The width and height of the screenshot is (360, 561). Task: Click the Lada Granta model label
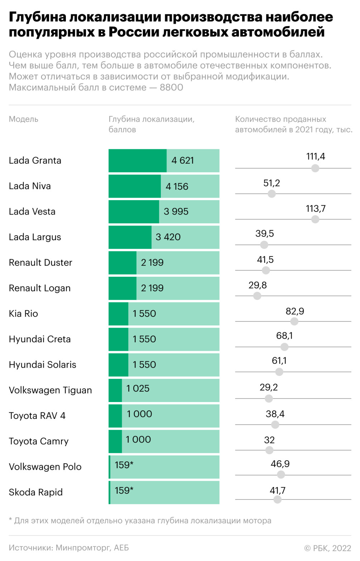pos(35,160)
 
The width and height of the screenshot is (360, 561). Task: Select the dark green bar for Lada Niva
pos(135,186)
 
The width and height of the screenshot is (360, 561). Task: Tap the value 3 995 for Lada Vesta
pos(176,212)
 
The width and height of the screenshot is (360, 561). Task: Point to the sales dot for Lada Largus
pos(264,245)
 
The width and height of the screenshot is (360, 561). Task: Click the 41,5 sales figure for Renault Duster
pos(265,260)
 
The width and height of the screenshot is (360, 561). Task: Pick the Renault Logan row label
pos(40,288)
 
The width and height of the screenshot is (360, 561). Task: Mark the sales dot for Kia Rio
pos(294,321)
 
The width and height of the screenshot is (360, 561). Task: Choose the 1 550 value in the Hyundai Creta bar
pos(144,339)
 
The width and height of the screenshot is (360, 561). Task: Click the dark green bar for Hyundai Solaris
pos(119,364)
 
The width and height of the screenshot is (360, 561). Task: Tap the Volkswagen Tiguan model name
pos(51,390)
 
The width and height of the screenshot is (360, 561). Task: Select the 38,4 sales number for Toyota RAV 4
pos(275,414)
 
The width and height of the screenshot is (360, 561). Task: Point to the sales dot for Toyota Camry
pos(269,450)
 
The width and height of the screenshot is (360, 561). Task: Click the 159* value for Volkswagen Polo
pos(124,465)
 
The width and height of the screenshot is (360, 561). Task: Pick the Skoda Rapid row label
pos(36,492)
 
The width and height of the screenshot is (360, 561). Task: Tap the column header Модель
pos(24,119)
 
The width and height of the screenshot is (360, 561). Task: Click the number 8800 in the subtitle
pos(172,87)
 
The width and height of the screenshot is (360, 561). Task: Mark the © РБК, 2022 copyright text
pos(327,548)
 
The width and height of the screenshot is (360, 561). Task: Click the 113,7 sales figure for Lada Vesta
pos(316,209)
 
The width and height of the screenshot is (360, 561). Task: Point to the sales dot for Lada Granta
pos(315,168)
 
